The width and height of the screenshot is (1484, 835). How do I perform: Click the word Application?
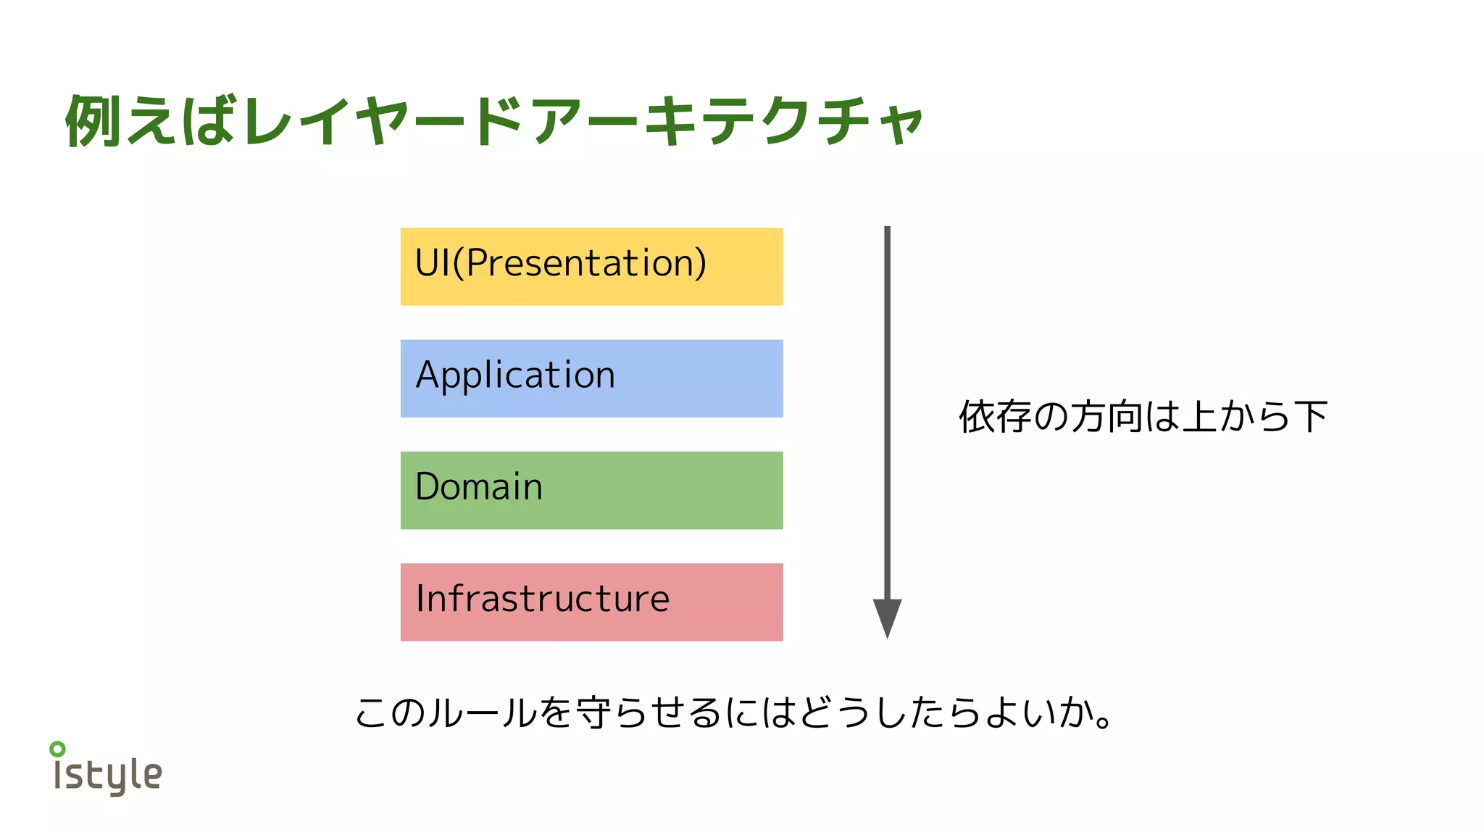click(x=515, y=375)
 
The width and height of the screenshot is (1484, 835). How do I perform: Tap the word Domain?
click(x=479, y=486)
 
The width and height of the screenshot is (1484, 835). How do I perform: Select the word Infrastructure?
click(x=542, y=599)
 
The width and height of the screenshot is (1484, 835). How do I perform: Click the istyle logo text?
click(x=109, y=776)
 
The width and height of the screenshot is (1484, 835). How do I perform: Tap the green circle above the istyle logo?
click(x=57, y=749)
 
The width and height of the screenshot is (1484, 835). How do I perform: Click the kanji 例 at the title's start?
click(x=93, y=121)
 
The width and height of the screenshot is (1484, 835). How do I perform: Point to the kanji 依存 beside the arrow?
click(x=995, y=417)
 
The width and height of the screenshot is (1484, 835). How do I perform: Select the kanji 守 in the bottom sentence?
click(x=593, y=712)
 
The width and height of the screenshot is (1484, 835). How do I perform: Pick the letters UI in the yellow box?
click(x=433, y=262)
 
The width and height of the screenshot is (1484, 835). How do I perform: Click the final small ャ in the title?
click(x=901, y=125)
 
